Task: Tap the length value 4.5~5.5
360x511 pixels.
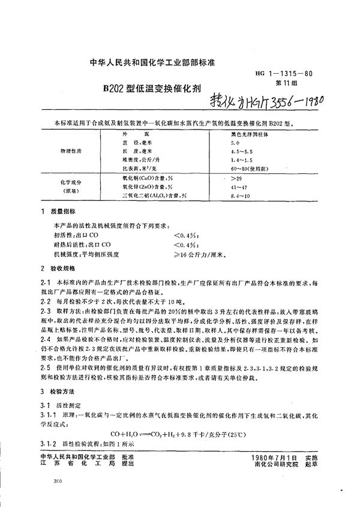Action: click(233, 152)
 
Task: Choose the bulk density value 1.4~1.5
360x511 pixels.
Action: click(233, 161)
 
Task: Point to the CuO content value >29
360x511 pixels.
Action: click(229, 179)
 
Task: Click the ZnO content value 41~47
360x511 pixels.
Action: click(230, 188)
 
